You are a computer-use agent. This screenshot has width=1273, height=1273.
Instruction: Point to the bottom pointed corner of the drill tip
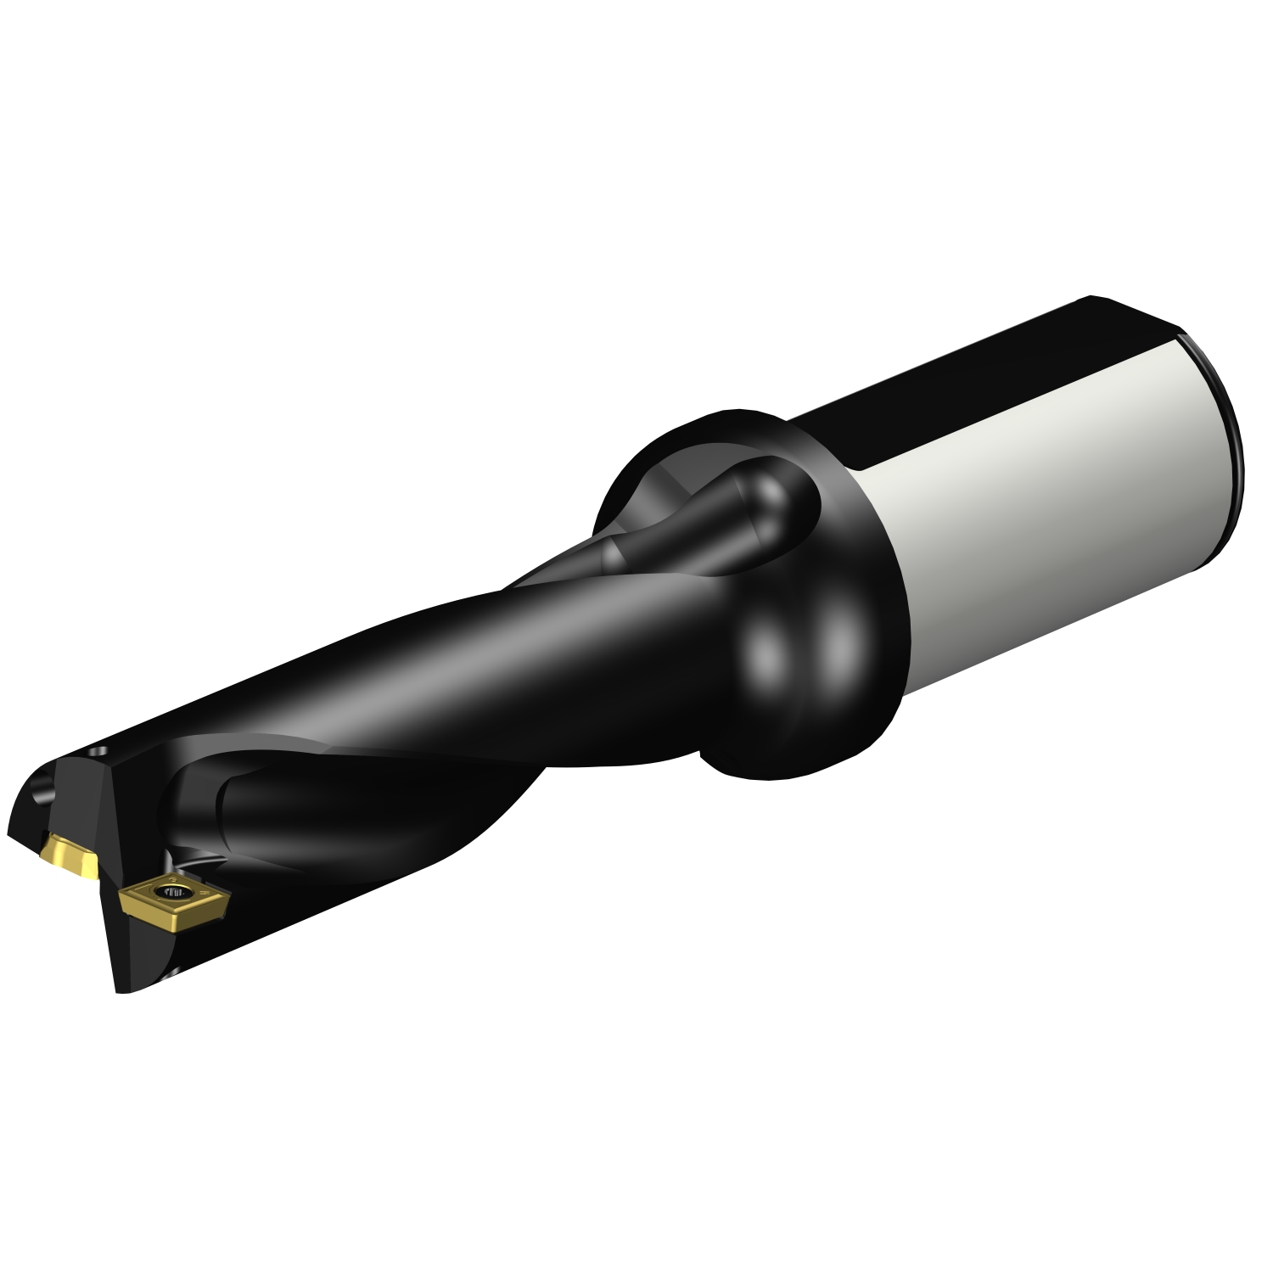click(x=119, y=989)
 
